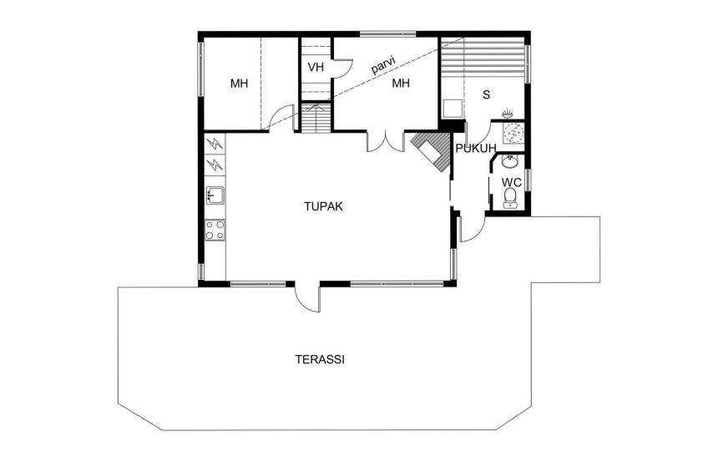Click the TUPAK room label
tap(323, 206)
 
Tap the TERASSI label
tap(320, 359)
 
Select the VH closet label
tap(316, 68)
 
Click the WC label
tap(512, 183)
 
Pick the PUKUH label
tap(476, 148)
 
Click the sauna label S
tap(486, 95)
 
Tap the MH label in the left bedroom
tap(239, 84)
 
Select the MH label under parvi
tap(401, 83)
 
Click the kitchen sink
tap(215, 195)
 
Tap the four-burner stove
tap(215, 230)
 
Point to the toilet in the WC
tap(510, 198)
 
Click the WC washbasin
tap(511, 160)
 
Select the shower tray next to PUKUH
tap(513, 134)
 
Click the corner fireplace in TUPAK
tap(431, 152)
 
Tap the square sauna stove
tap(452, 109)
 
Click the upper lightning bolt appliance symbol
tap(215, 144)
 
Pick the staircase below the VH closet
tap(316, 118)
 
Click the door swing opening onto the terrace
tap(307, 298)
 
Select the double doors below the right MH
tap(386, 141)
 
